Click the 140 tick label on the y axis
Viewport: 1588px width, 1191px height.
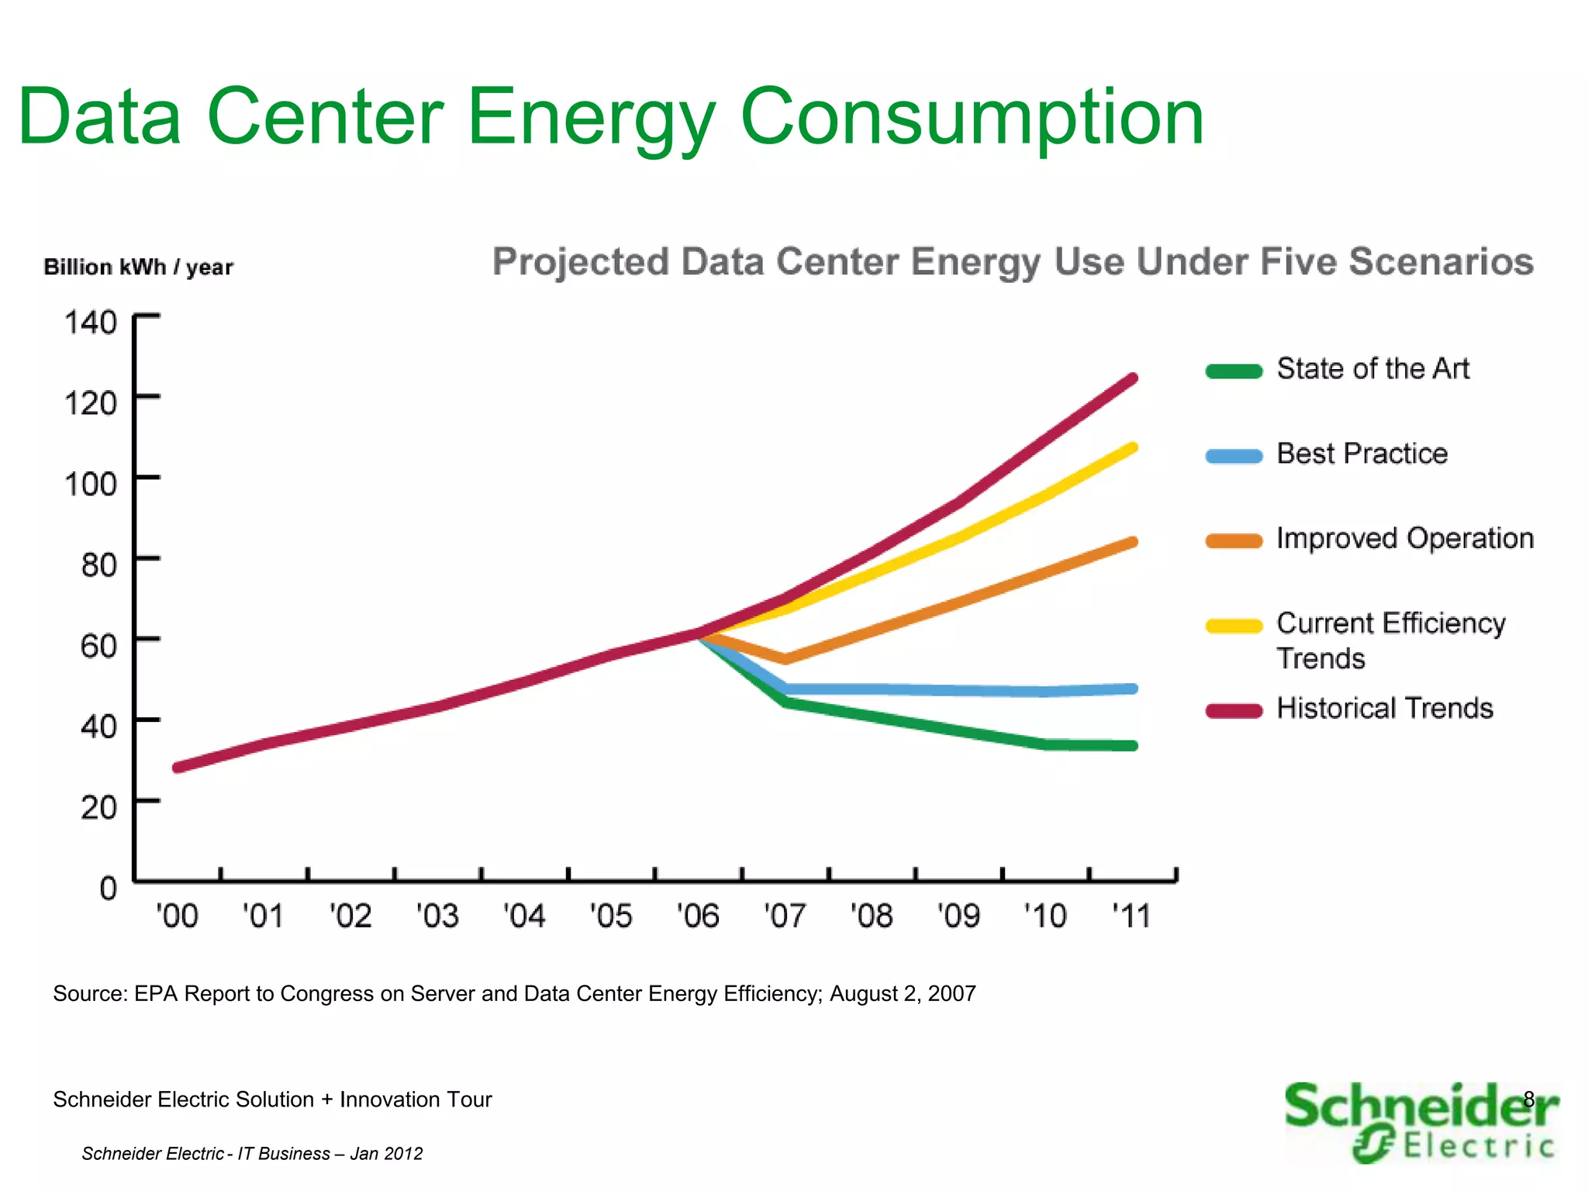90,323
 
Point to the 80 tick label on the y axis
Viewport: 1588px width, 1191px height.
98,565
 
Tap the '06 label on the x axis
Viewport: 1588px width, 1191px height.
698,916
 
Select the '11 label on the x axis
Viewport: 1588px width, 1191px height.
1131,916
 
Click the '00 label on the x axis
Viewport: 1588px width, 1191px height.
177,916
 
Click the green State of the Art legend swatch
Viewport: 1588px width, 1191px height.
1234,371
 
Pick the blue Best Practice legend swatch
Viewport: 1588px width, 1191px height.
1234,456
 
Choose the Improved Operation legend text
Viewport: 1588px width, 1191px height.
1404,538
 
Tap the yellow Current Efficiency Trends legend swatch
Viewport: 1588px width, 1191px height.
1234,626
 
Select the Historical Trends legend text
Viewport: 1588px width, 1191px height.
1384,708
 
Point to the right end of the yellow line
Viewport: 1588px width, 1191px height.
1133,448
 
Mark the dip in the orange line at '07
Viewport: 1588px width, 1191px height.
785,659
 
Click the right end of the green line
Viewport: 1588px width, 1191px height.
1133,746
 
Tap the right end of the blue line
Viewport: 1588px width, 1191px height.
1133,689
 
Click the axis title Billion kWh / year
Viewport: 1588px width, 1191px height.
138,268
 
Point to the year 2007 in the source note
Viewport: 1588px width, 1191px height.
951,993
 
